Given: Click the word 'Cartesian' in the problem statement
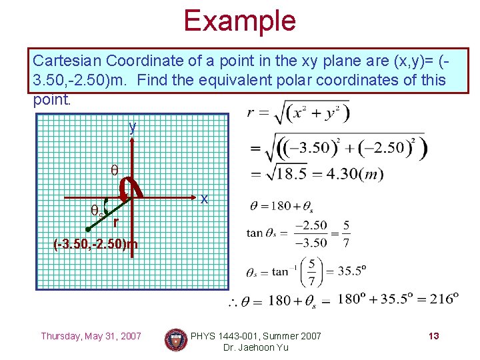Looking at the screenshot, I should click(61, 61).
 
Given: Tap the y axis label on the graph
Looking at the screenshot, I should click(133, 127).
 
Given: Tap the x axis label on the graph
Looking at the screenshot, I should click(205, 199).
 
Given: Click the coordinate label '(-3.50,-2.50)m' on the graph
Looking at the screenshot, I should click(95, 244).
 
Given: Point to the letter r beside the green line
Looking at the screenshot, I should click(116, 222).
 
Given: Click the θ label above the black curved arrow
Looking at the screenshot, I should click(114, 169).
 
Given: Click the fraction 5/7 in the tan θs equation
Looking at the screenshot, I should click(347, 233).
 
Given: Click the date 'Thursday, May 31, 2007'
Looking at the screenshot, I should click(91, 336).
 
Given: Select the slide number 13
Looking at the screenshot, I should click(433, 336).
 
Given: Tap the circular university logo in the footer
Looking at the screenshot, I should click(176, 341).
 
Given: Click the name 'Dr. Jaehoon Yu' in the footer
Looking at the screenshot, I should click(256, 347).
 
